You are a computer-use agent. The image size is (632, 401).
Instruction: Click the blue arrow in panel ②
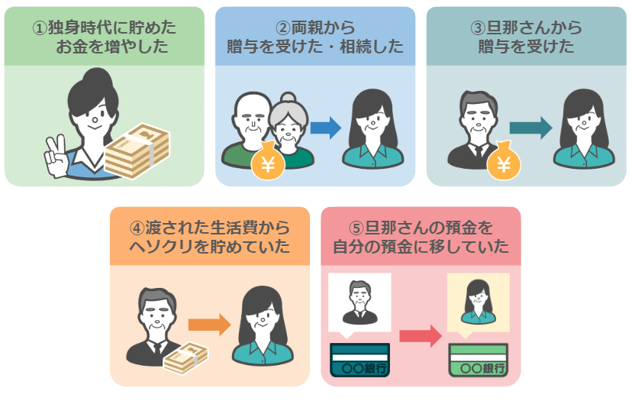point(326,128)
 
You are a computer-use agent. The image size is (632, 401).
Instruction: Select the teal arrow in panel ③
point(530,128)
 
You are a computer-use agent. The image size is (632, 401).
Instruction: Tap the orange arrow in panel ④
point(210,325)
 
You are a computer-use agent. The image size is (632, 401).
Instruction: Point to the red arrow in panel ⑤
point(421,335)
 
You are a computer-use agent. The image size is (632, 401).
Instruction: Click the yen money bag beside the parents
point(268,161)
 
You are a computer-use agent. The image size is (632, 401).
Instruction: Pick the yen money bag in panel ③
point(504,161)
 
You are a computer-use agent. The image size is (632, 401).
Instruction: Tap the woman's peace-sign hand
point(56,157)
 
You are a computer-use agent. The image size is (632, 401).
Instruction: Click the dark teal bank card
point(360,360)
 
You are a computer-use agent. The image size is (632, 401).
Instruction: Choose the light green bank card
point(479,360)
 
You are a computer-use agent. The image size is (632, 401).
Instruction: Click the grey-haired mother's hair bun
point(289,98)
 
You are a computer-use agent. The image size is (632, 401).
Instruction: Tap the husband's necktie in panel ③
point(478,152)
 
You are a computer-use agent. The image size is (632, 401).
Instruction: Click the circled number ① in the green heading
point(40,27)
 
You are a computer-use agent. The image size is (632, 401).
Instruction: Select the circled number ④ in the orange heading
point(137,228)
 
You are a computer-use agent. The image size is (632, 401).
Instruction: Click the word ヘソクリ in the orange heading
point(160,247)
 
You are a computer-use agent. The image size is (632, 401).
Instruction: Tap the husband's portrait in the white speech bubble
point(360,302)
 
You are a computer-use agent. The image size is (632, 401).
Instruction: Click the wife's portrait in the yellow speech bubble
point(479,302)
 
